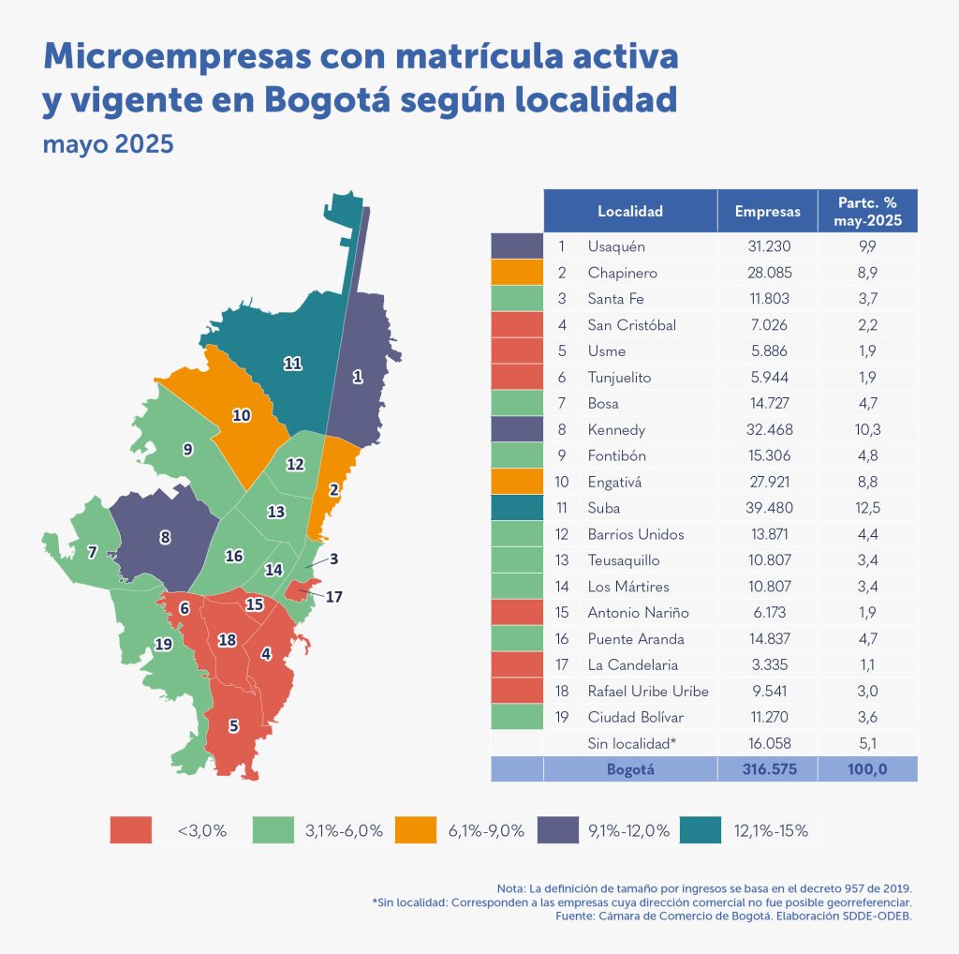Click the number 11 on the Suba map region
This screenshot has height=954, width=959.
(292, 364)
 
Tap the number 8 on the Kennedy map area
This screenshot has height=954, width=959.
(165, 538)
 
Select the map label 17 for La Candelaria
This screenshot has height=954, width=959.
(334, 595)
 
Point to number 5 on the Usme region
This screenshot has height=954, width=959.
(233, 725)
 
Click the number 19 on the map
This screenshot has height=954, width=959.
(163, 645)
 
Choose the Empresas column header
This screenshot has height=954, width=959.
(767, 212)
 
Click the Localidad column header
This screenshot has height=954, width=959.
(630, 212)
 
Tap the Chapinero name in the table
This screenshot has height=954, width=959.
(622, 273)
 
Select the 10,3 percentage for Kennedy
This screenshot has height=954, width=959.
(867, 429)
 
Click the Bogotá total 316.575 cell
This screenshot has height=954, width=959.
(767, 769)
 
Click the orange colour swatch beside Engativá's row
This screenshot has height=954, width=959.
(517, 482)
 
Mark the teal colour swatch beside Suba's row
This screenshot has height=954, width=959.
(517, 508)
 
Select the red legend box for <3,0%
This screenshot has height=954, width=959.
(130, 829)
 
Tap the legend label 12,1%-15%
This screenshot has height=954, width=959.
(773, 830)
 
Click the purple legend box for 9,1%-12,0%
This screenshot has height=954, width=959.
(559, 829)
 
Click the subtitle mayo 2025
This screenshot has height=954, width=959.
(109, 146)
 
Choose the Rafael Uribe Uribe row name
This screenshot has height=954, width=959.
(648, 692)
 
